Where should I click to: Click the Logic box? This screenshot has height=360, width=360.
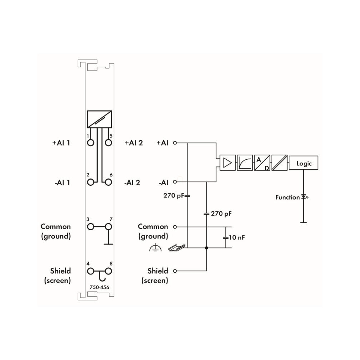point(303,163)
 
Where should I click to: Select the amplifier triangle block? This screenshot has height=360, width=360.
point(227,163)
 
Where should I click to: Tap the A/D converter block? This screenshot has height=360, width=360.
point(262,163)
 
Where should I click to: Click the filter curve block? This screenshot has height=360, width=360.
point(245,163)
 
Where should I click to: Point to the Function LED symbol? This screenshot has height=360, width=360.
point(305,197)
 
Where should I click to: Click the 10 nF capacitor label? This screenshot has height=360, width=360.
point(237,237)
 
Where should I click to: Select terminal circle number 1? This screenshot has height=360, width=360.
point(91,143)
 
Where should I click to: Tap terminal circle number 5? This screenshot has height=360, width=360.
point(108,143)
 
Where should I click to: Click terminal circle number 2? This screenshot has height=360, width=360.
point(91,182)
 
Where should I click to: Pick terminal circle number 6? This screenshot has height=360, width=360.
point(108,182)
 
